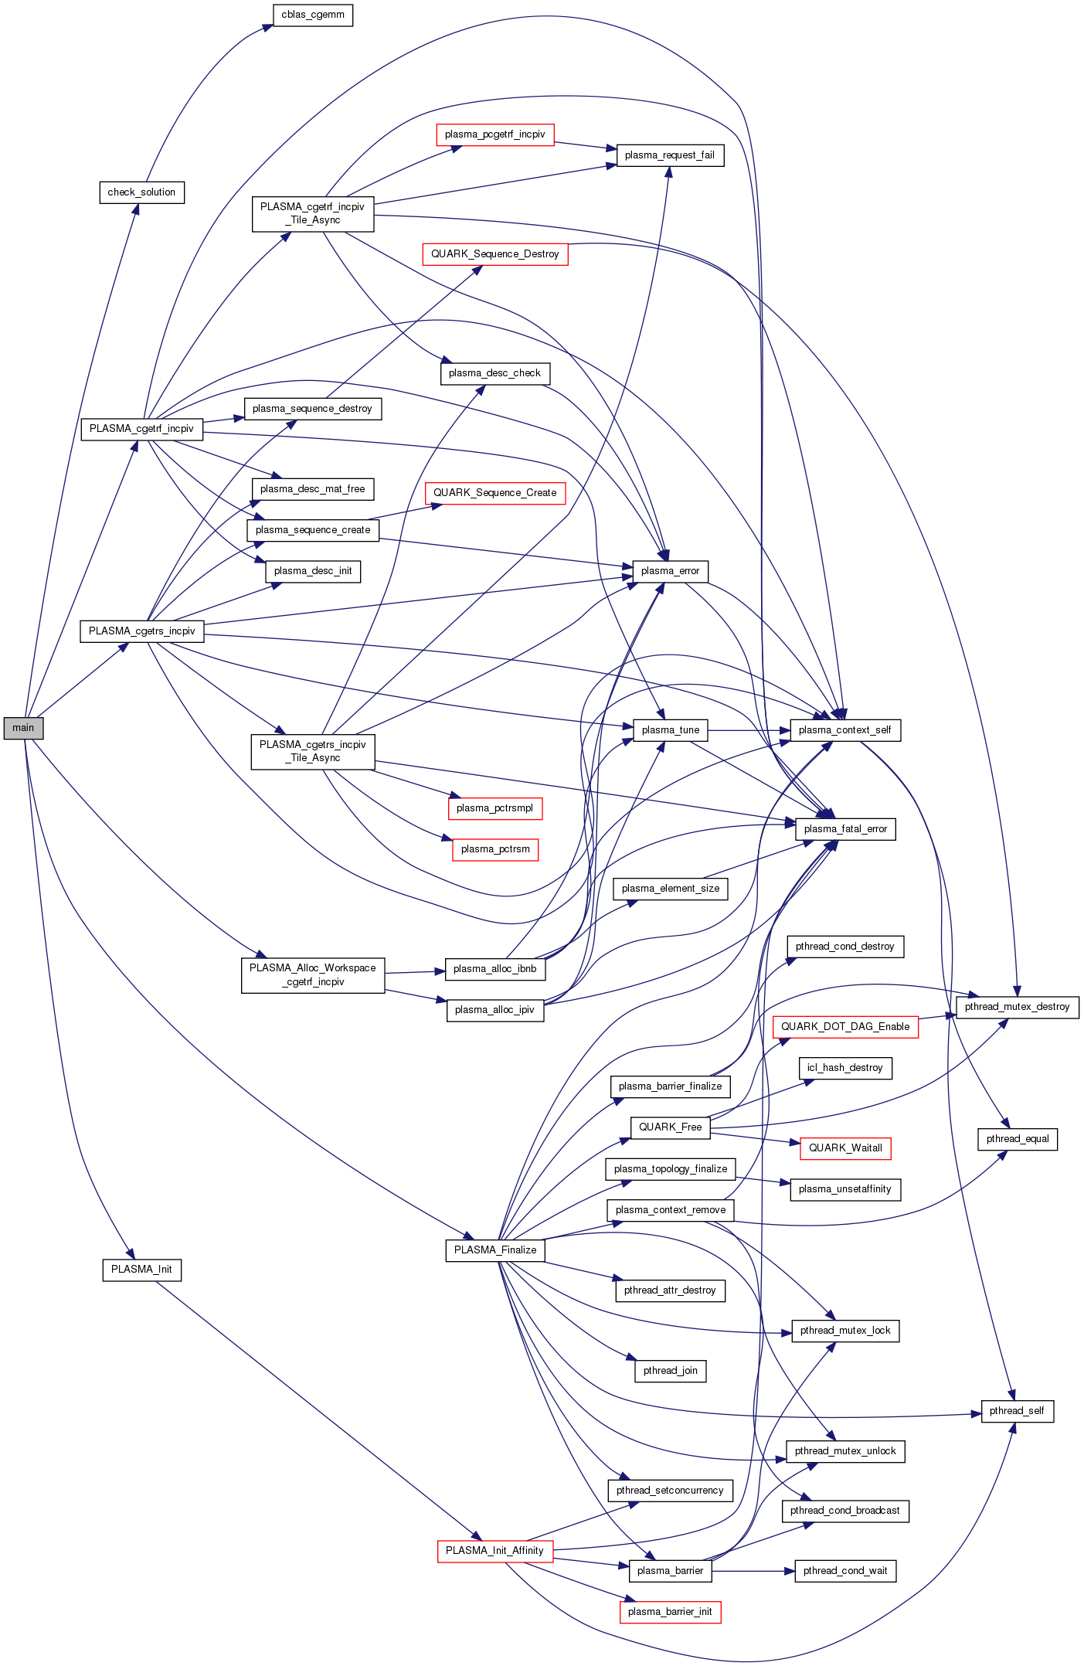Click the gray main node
tap(23, 728)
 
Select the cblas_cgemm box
tap(313, 15)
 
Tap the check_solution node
tap(141, 192)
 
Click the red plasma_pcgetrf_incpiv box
tap(494, 134)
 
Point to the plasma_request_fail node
tap(669, 155)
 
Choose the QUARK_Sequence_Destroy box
tap(494, 254)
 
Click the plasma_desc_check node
tap(494, 373)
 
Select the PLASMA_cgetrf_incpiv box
tap(141, 429)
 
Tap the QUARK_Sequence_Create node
tap(494, 493)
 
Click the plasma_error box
tap(670, 571)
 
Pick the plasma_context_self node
tap(844, 730)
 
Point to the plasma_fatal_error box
tap(845, 829)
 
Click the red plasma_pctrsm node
tap(495, 849)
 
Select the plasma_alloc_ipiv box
tap(494, 1010)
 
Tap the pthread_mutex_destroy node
tap(1017, 1007)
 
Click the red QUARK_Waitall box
tap(845, 1148)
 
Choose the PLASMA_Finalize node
tap(494, 1250)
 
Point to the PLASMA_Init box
tap(141, 1270)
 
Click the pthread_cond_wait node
tap(845, 1571)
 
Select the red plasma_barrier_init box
tap(670, 1612)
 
